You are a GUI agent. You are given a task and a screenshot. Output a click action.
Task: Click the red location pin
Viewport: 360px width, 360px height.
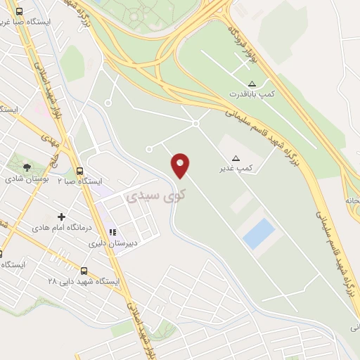[x=181, y=165]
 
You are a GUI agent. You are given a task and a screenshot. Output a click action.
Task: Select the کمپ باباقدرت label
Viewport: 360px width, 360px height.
[x=252, y=94]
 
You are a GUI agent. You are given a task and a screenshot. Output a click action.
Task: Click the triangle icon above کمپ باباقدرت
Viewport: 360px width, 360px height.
[x=252, y=83]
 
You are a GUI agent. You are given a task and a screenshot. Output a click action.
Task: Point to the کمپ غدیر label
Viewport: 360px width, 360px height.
[x=236, y=169]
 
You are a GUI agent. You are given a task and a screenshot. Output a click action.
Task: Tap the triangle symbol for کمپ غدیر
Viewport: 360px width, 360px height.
[x=236, y=158]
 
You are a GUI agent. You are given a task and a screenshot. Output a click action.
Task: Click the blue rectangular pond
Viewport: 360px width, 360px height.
[x=259, y=233]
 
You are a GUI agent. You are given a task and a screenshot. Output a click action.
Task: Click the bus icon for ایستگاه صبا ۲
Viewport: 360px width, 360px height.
[x=79, y=171]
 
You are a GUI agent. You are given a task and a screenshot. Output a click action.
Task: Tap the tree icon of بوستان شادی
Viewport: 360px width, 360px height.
[x=27, y=167]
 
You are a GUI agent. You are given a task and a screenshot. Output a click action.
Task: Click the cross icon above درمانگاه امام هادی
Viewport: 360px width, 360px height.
[x=61, y=217]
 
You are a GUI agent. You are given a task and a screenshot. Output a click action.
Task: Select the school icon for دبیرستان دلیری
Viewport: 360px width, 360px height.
[x=112, y=233]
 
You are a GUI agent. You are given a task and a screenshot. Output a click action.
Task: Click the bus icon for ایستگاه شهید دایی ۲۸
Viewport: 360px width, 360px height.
[x=84, y=271]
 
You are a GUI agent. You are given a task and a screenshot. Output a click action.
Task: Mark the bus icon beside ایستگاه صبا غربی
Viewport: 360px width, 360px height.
[x=18, y=12]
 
